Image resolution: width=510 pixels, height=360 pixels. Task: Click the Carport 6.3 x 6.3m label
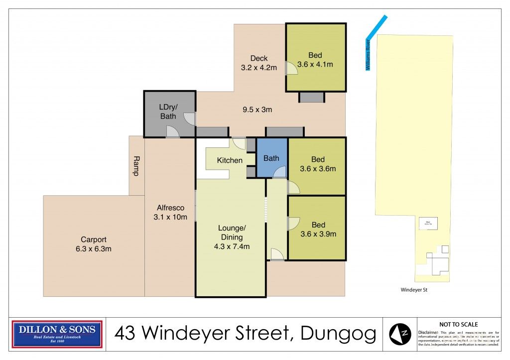94,244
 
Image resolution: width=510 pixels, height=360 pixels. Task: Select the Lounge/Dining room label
232,237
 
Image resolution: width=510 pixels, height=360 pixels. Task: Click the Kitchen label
230,160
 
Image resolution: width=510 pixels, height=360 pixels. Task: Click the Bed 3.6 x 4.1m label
315,60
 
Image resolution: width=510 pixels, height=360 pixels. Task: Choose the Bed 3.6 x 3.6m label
318,164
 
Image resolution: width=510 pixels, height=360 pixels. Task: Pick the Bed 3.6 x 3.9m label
318,229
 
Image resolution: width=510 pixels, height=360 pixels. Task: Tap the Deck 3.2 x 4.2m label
258,63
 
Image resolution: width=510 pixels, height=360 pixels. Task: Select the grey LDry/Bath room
168,112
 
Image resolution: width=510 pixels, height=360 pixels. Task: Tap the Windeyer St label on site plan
414,290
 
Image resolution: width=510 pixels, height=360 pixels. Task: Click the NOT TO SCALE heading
458,324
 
